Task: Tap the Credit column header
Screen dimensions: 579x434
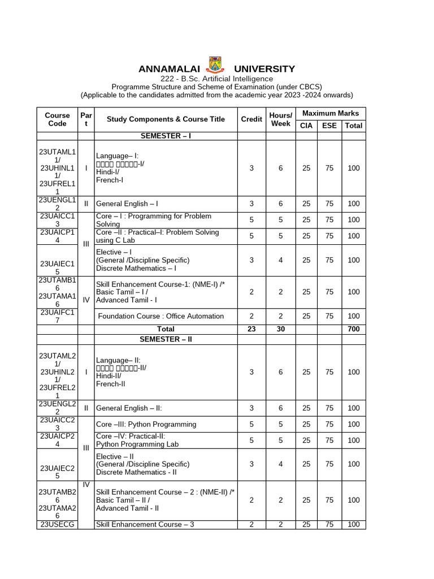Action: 251,119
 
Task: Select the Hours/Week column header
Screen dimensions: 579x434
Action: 281,119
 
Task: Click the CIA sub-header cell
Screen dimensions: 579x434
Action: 306,126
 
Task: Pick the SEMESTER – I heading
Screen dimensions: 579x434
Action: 165,136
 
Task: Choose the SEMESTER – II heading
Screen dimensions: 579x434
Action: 165,339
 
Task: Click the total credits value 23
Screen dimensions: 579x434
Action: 251,329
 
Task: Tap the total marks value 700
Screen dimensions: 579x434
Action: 354,329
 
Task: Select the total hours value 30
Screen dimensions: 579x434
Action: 281,329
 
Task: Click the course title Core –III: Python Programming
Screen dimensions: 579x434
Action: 146,424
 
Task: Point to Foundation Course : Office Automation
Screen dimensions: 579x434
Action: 161,316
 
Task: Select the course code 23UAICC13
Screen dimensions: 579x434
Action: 57,220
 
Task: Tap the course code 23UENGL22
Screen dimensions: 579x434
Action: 57,408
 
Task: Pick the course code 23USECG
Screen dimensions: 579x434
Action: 57,525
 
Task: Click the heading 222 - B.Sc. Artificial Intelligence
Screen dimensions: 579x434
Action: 216,79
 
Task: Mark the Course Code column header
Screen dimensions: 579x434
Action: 57,119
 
